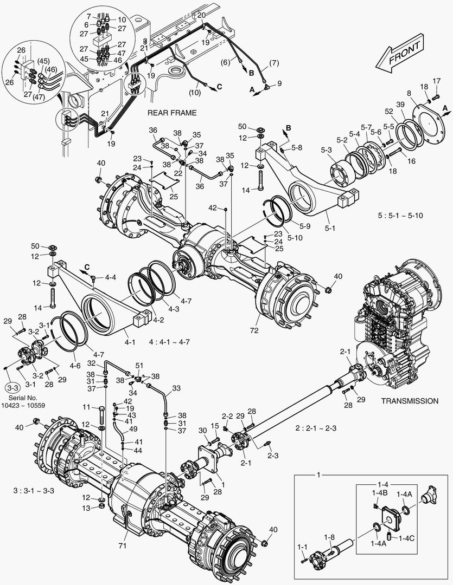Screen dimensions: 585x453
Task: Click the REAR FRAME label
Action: point(171,113)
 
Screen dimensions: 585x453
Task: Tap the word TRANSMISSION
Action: point(409,401)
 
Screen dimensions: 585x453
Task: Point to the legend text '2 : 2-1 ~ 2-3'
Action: point(316,428)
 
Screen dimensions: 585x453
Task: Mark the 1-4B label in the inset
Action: point(379,492)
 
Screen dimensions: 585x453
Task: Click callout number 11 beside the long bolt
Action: point(86,407)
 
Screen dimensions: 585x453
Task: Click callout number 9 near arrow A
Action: point(279,83)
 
